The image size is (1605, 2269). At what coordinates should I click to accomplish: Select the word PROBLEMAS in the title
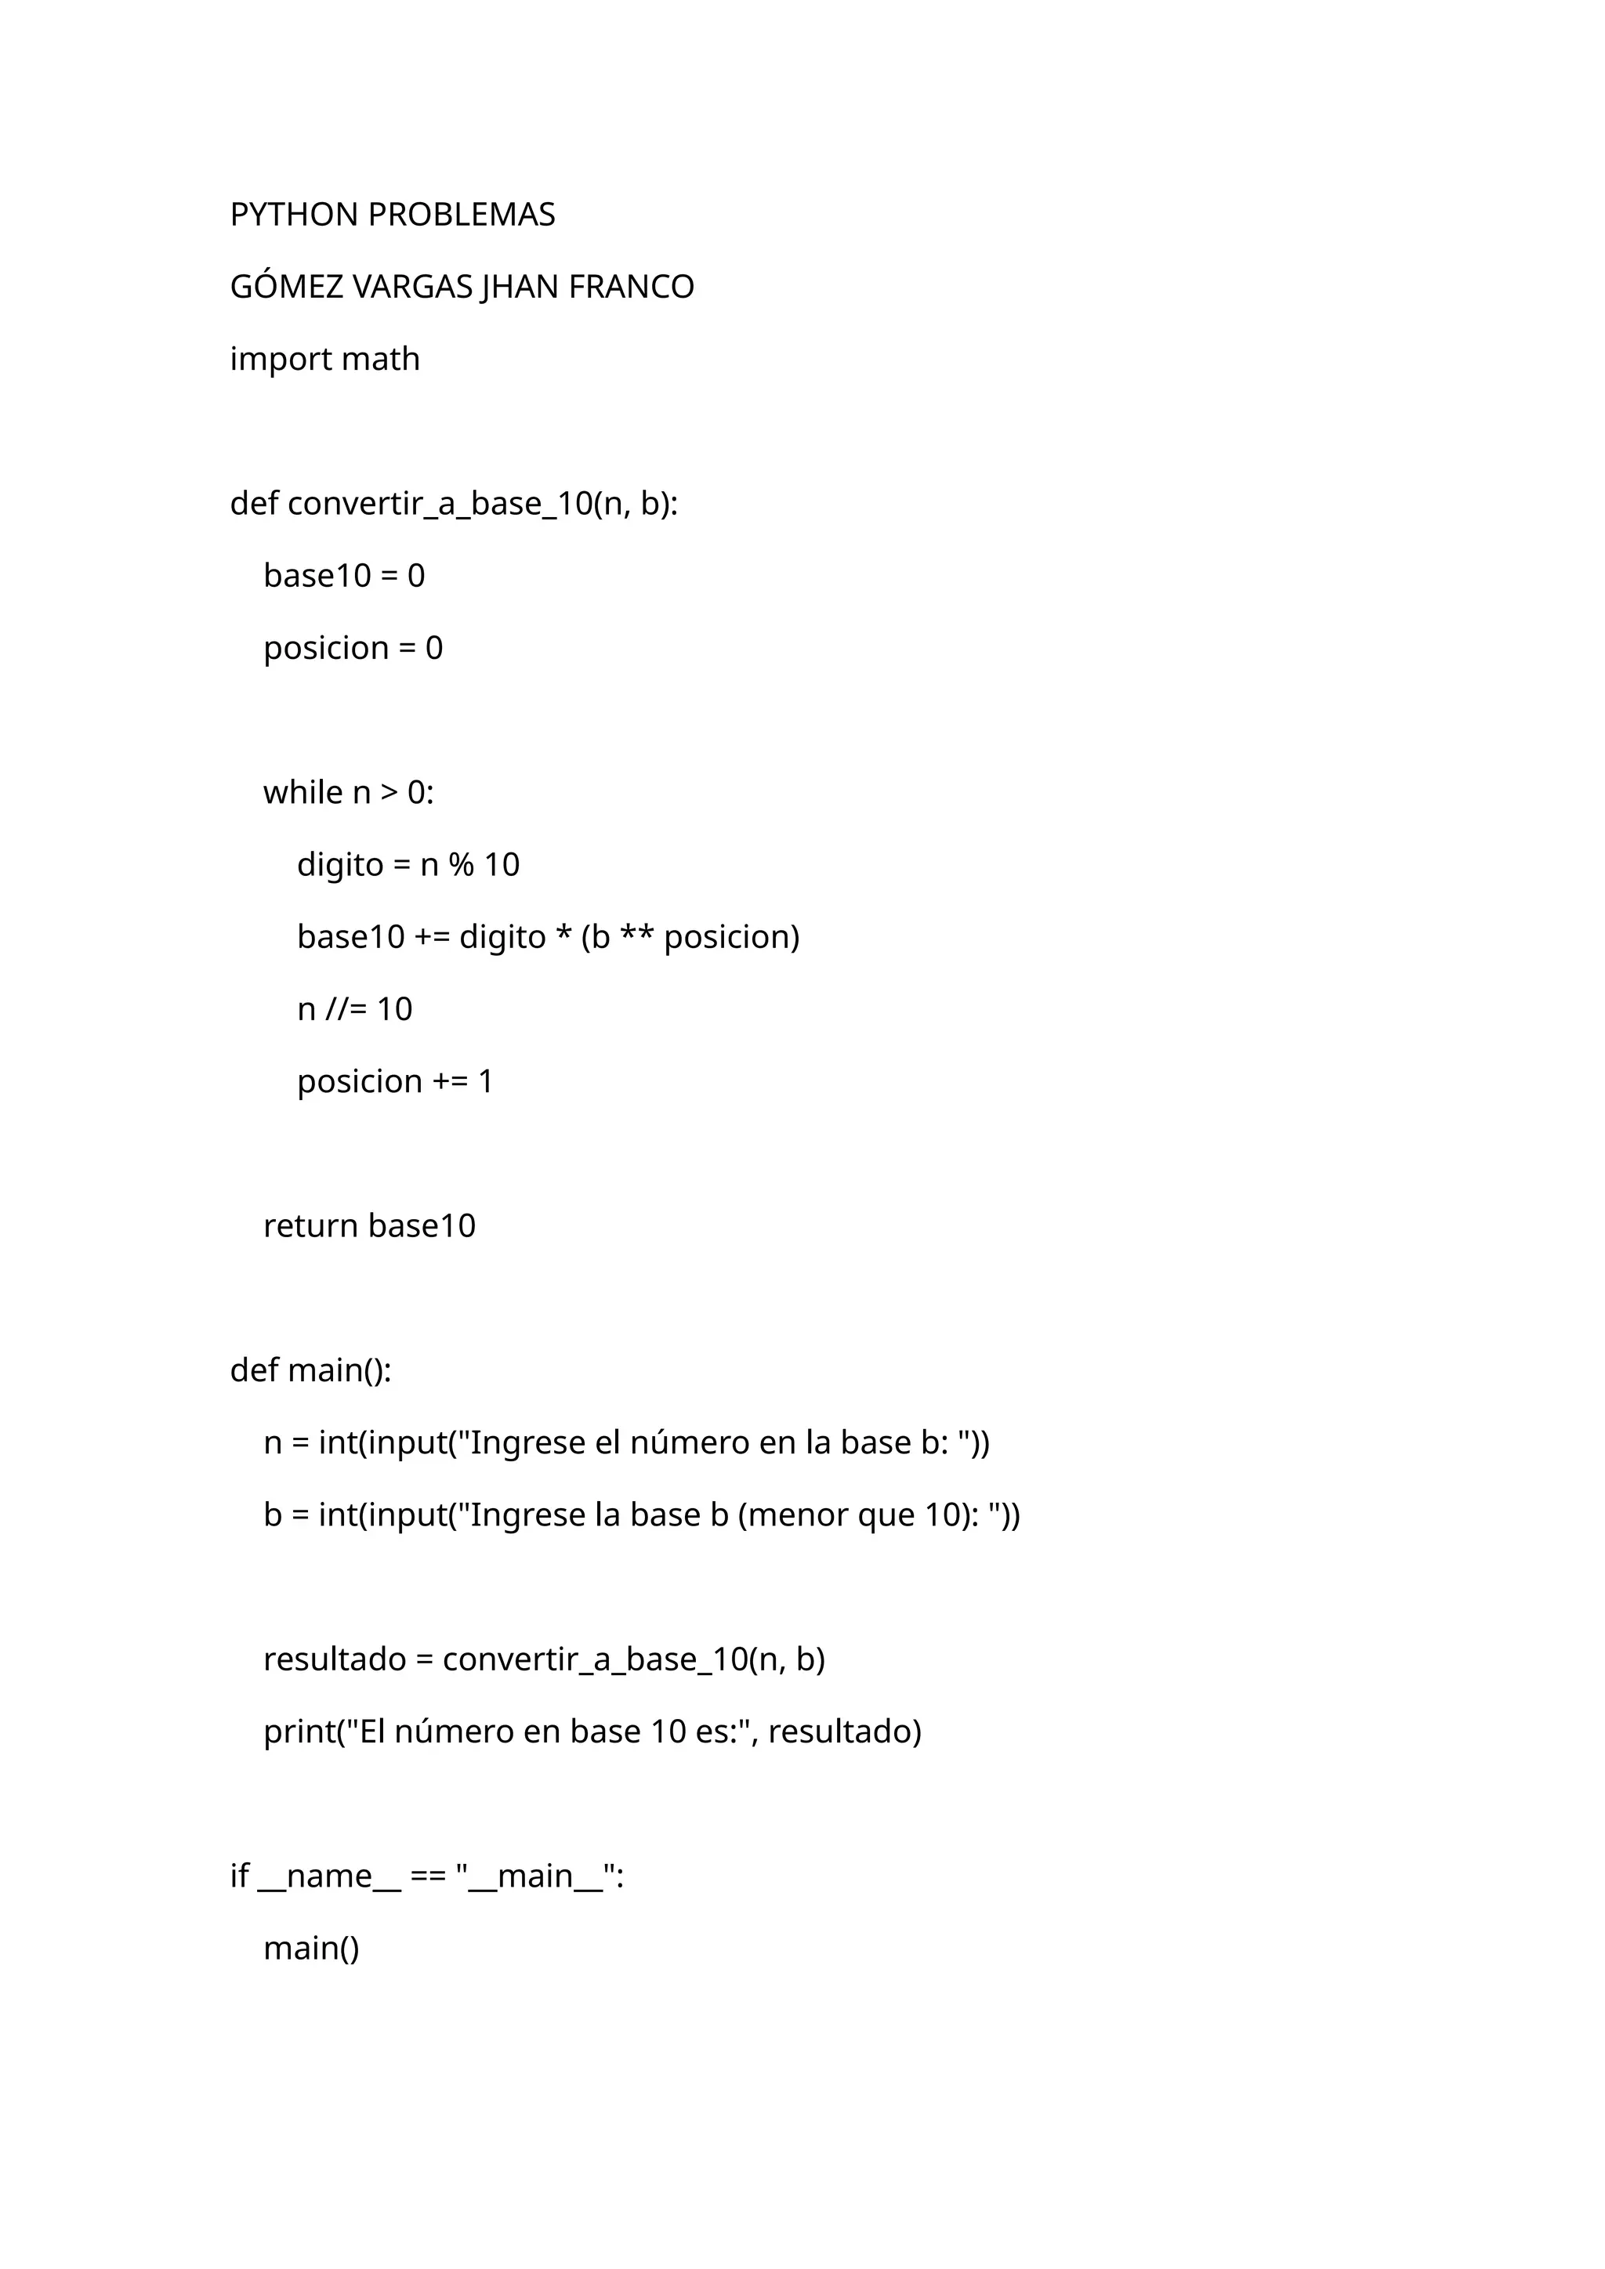pos(461,215)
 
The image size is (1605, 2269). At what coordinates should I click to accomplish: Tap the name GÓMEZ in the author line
pos(287,287)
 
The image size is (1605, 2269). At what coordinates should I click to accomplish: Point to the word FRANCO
pos(632,287)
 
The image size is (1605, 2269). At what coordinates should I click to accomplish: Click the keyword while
pos(303,793)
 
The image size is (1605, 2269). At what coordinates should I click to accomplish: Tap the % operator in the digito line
pos(461,865)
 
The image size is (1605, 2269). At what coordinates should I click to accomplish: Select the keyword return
pos(310,1225)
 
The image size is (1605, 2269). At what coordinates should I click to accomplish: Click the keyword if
pos(239,1876)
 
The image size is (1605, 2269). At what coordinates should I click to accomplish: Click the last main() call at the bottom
pos(311,1948)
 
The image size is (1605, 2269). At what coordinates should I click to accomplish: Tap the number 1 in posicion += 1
pos(485,1081)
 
